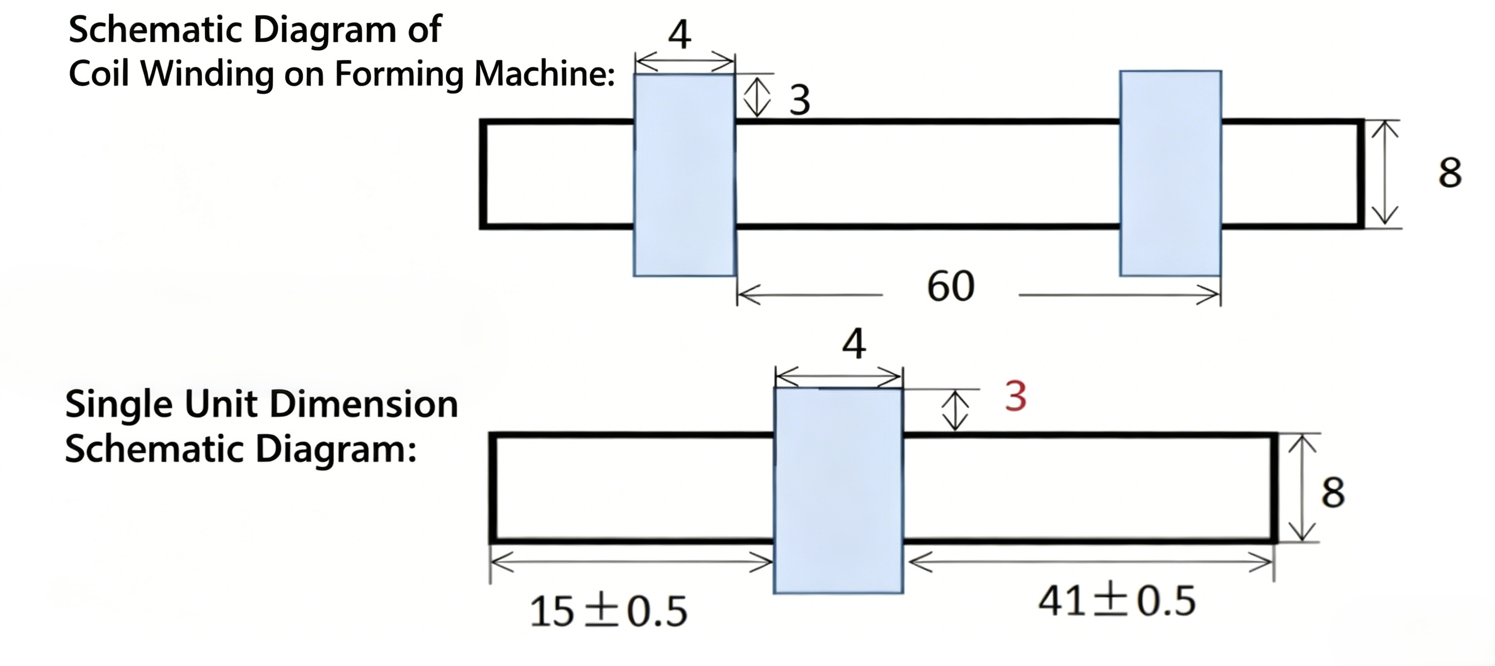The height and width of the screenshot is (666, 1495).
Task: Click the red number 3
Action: [x=1016, y=397]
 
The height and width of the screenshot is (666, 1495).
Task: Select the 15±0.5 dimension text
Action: [x=609, y=612]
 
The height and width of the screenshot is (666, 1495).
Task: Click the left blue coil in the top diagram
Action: [x=685, y=175]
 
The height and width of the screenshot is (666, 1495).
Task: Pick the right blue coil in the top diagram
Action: [x=1171, y=174]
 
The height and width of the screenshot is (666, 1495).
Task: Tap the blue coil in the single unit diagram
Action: [x=838, y=490]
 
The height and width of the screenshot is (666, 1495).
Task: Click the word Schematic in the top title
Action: [x=155, y=29]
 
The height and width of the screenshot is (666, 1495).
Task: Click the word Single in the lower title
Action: [x=118, y=405]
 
